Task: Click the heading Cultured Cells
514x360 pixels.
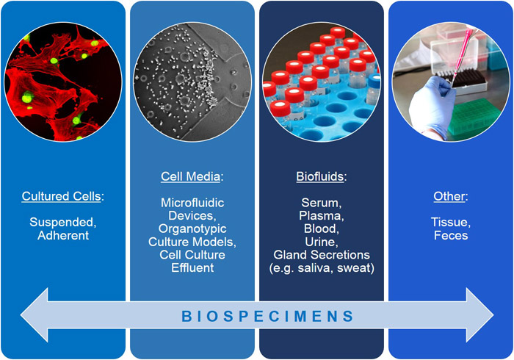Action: [63, 198]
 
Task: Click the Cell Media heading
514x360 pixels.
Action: [192, 176]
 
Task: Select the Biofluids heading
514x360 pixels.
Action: [321, 176]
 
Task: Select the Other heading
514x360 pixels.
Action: [449, 198]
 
